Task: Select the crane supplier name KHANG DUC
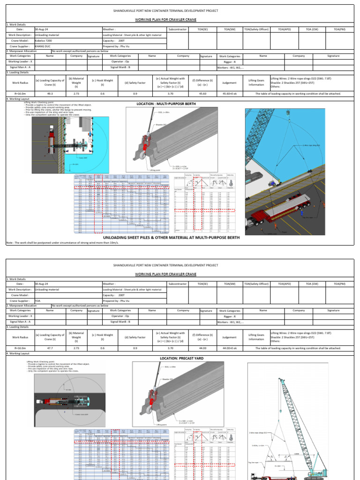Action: coord(43,46)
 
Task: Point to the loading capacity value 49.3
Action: coord(50,93)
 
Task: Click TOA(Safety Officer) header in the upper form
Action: coord(256,29)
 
